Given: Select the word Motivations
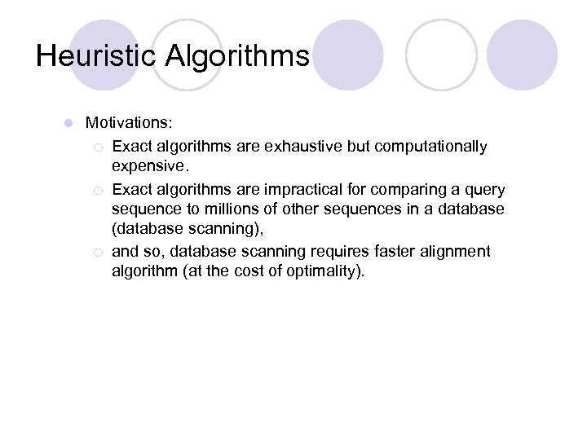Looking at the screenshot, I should pyautogui.click(x=128, y=123).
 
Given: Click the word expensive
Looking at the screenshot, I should pyautogui.click(x=148, y=166).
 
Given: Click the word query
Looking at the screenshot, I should pyautogui.click(x=485, y=190).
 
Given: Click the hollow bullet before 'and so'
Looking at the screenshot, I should pyautogui.click(x=98, y=253).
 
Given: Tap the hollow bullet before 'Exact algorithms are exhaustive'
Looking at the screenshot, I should pyautogui.click(x=98, y=147).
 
